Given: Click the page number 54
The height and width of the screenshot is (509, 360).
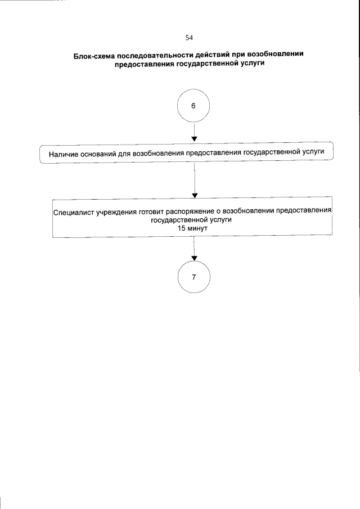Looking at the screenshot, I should pos(189,38).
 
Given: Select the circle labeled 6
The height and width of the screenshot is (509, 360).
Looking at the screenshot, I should pos(193,106).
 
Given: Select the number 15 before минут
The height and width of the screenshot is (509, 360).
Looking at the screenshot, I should pos(181,229).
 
